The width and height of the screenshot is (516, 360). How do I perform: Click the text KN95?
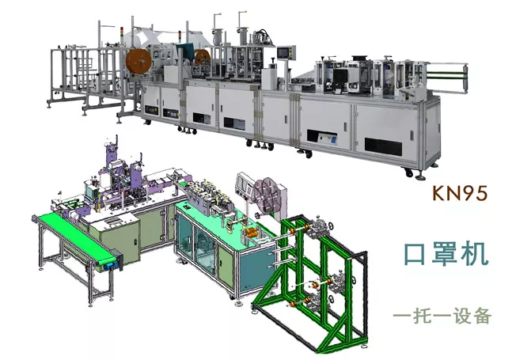(459, 193)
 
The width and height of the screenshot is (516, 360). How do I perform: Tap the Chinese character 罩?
(446, 253)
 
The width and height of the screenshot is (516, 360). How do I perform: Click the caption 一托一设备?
(442, 316)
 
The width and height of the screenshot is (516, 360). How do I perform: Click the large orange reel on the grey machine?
(138, 63)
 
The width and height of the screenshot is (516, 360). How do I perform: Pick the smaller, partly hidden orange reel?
(203, 57)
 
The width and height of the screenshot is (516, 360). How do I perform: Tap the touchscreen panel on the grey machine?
(283, 53)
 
